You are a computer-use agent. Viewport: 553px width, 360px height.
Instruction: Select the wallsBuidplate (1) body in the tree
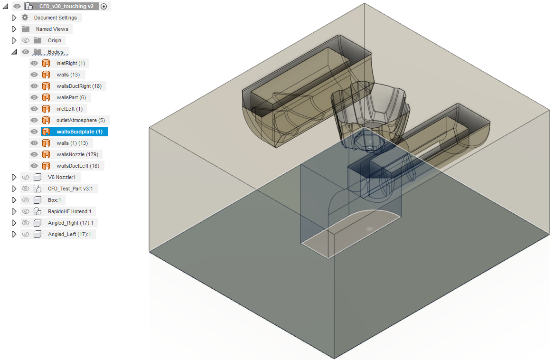tap(79, 132)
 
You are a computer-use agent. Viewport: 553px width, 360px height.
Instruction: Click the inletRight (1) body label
tap(71, 63)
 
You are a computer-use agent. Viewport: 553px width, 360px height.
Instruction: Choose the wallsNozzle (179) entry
tap(77, 154)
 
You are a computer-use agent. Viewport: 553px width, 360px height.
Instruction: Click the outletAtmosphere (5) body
tap(81, 120)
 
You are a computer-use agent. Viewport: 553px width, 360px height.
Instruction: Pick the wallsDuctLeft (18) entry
tap(77, 166)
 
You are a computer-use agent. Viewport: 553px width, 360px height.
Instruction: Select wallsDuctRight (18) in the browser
tap(79, 86)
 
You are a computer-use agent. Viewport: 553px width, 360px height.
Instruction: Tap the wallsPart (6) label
tap(71, 97)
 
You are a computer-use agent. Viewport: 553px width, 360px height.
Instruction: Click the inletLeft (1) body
tap(69, 109)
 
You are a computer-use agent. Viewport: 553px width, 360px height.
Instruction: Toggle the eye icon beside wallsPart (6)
tap(34, 97)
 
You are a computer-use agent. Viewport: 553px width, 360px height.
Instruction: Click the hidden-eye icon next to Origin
tap(25, 40)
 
